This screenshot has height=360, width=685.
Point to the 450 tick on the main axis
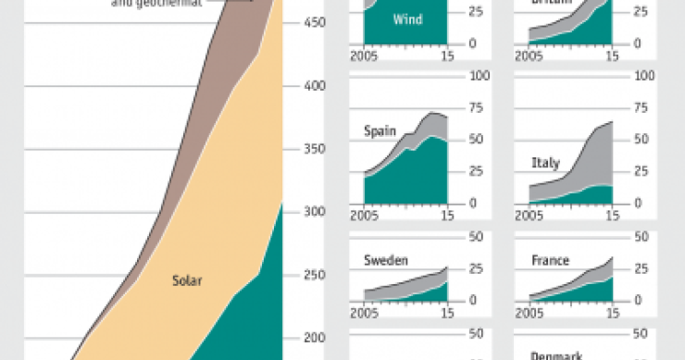pos(317,23)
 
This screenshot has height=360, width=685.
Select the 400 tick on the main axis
pos(317,86)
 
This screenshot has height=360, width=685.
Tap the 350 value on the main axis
pos(317,149)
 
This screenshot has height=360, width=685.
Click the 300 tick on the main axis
pos(317,212)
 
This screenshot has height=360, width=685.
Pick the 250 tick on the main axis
pos(317,275)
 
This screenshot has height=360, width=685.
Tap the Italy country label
pos(545,163)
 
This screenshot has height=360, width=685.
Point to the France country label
pos(550,260)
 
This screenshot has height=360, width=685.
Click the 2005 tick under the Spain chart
pos(362,216)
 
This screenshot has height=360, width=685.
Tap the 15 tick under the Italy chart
pos(612,216)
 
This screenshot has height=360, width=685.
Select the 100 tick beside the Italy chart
pos(643,75)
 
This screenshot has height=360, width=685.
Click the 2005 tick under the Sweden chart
pos(362,313)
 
